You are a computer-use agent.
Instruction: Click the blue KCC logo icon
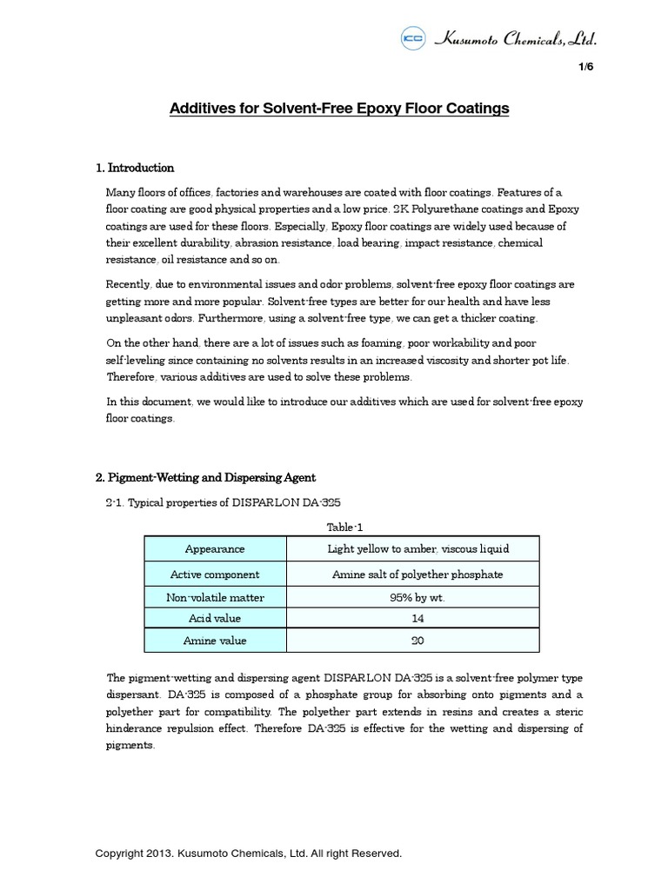coord(412,38)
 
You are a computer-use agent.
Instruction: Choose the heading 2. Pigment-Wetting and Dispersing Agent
coord(205,477)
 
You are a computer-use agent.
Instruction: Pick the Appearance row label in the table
coord(215,549)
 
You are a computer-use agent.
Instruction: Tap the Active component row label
coord(215,575)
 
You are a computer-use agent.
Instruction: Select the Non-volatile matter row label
coord(215,597)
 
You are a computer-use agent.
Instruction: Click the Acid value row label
coord(215,618)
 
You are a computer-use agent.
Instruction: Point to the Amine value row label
coord(215,641)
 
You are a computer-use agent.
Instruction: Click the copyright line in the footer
coord(249,853)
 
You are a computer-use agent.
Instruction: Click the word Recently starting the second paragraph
coord(127,284)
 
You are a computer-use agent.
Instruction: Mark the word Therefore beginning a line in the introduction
coord(130,376)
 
